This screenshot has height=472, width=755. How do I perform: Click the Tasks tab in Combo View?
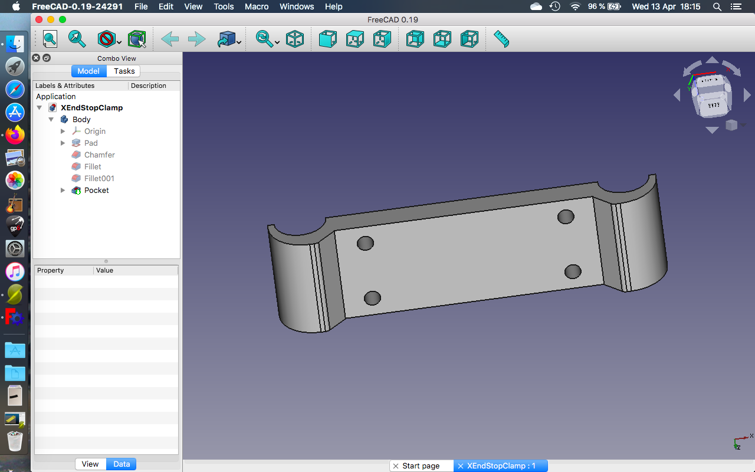point(124,71)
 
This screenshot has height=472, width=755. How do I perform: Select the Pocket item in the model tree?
point(96,190)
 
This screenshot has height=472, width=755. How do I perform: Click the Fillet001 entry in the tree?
point(99,178)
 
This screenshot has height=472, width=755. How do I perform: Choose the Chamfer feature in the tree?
point(99,155)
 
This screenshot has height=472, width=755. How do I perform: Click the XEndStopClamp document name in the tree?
point(91,107)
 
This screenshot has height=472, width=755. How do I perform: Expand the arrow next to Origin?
point(63,131)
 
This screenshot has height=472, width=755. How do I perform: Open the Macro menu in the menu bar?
point(257,6)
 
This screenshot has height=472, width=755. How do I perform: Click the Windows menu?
point(297,6)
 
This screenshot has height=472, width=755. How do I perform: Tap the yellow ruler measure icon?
point(501,39)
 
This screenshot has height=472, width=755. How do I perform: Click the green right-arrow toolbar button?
point(196,39)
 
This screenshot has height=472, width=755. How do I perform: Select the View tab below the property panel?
point(90,464)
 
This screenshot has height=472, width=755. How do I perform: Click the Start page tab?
point(421,466)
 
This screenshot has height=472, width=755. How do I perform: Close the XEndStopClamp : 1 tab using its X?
point(461,466)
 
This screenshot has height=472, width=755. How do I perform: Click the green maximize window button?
point(63,19)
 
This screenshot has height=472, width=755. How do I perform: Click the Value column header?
point(104,270)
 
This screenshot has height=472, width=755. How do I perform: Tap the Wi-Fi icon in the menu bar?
point(575,6)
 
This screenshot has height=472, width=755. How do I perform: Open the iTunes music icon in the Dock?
point(15,272)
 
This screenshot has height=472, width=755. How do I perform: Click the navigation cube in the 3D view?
point(711,94)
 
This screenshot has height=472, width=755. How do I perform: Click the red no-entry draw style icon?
point(106,39)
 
